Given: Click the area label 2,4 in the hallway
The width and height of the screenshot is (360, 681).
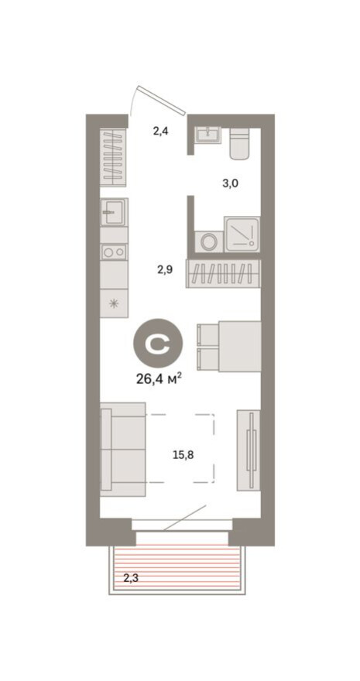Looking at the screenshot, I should point(160,132).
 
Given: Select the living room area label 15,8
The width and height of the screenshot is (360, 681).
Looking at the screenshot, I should point(184,454).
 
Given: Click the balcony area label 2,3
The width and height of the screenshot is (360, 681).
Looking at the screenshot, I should point(132,576).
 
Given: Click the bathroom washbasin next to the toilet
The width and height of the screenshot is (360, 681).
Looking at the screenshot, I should point(207,136).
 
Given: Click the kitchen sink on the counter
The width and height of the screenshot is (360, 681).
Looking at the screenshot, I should point(113,211).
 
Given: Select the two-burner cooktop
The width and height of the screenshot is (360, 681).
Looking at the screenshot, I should point(114,252).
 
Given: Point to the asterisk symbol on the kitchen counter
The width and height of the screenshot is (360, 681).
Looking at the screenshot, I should point(114,303).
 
